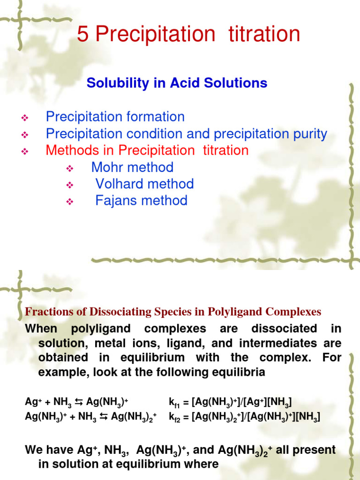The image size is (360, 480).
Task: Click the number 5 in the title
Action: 82,35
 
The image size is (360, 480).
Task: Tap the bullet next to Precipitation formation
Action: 25,118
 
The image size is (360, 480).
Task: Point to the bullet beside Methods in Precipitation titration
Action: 25,151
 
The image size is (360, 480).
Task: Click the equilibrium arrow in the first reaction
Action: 79,402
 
